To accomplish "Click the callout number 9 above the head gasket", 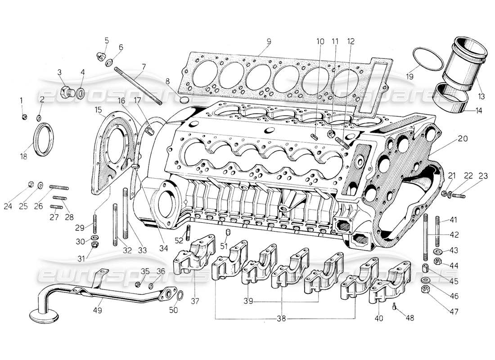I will click(x=268, y=41).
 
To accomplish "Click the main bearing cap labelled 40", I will click(x=388, y=283).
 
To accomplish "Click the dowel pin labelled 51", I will click(x=228, y=232).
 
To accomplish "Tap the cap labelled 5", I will click(x=100, y=57).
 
